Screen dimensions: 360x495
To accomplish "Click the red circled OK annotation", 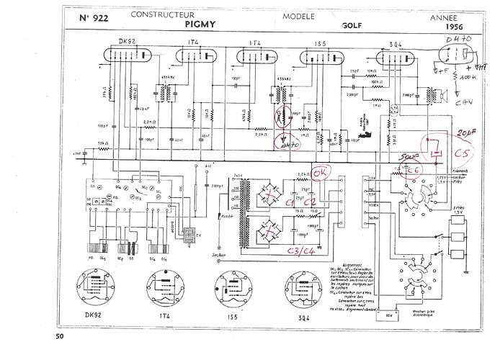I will click(x=320, y=173).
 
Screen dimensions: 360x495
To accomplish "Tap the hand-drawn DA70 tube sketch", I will click(x=453, y=53).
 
